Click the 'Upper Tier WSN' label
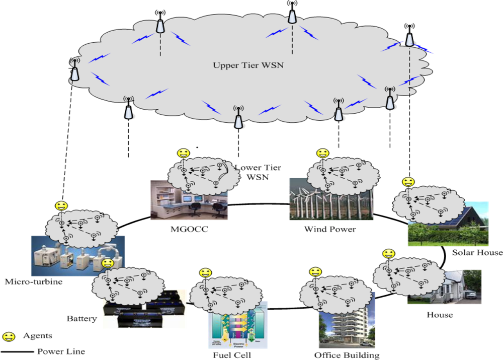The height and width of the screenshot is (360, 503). tap(244, 65)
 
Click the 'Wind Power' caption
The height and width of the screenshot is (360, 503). tap(330, 229)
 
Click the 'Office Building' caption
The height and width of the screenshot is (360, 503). tap(347, 355)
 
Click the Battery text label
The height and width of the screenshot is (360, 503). tap(81, 318)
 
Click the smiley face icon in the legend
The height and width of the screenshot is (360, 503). tap(9, 336)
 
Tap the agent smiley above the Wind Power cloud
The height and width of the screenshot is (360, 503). tap(322, 153)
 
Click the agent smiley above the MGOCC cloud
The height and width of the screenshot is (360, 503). tap(184, 153)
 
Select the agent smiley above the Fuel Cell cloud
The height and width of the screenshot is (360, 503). tap(205, 273)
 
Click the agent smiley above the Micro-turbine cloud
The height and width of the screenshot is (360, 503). tap(61, 206)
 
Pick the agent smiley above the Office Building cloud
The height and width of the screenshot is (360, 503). tap(315, 272)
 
